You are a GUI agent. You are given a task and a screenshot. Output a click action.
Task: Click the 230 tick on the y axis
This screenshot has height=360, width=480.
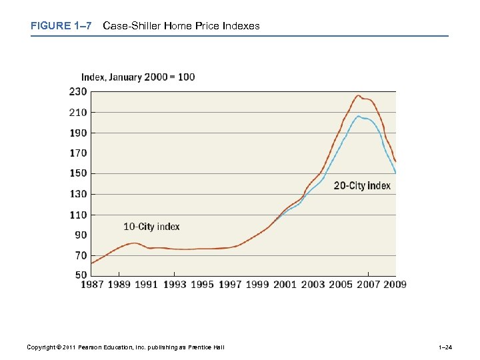coord(78,91)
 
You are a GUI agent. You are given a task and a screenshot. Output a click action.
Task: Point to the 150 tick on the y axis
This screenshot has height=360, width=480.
coord(78,173)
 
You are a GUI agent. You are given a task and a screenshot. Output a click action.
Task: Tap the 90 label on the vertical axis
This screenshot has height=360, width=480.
coord(81,235)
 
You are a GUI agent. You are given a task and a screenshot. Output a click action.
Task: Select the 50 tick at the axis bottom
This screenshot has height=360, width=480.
coord(81,274)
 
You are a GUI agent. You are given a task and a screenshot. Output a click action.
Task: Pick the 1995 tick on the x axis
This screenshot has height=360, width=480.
coord(202,285)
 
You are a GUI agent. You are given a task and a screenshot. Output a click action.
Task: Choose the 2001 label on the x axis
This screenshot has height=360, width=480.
coord(285,285)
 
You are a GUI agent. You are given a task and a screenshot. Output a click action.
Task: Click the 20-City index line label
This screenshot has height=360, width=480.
coord(362,186)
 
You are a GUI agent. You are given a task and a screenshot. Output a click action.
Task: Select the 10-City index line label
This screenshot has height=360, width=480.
coord(151,227)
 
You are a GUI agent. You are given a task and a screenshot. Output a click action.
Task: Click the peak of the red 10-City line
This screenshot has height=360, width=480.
coord(358,95)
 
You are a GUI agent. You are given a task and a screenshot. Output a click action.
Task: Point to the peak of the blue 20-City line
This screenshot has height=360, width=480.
coord(358,116)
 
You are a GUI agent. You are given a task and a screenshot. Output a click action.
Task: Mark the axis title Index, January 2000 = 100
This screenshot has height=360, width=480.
coord(138,77)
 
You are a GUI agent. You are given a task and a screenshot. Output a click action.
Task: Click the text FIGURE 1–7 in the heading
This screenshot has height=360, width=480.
coord(60,26)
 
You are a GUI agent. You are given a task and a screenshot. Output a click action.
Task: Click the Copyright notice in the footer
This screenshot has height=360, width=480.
coord(125,347)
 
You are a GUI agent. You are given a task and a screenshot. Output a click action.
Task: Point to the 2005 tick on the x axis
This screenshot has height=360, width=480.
coord(340,285)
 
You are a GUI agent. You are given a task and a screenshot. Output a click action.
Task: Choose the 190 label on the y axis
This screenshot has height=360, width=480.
coord(78,133)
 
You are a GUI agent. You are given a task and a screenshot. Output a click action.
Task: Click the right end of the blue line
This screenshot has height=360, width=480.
coord(395,173)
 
